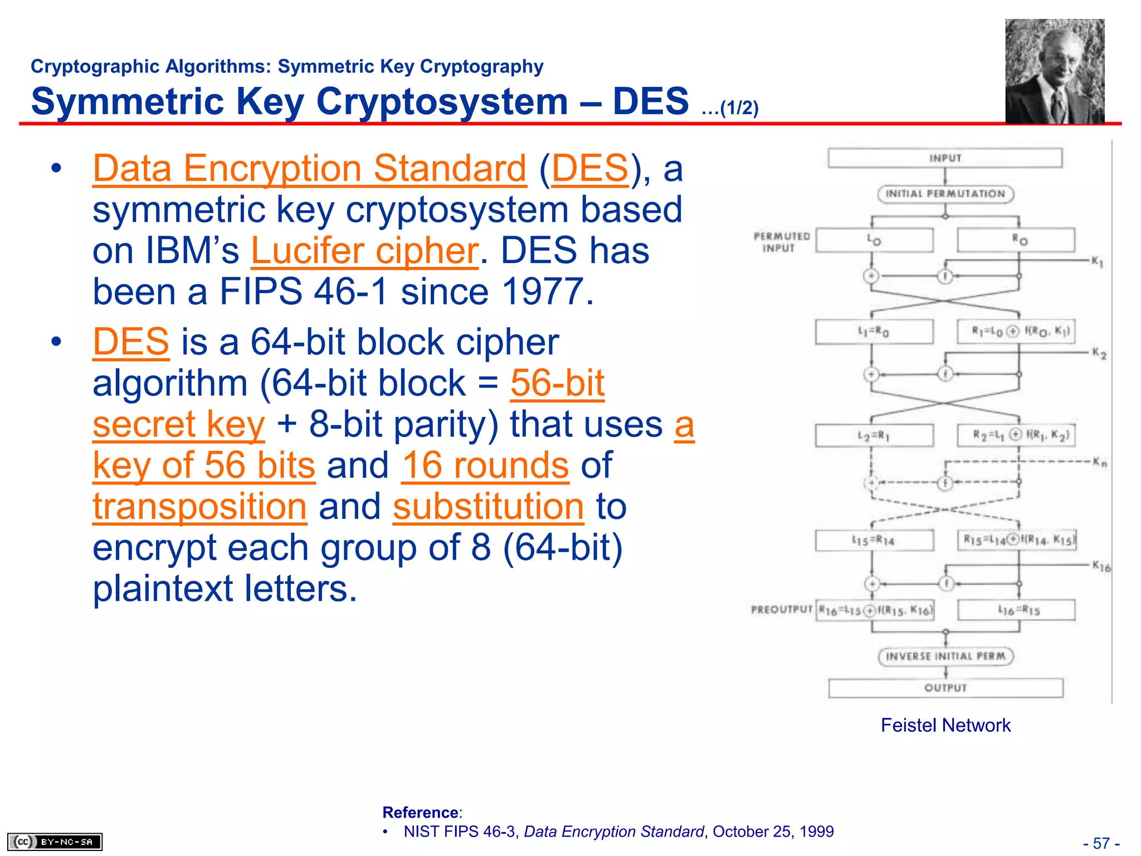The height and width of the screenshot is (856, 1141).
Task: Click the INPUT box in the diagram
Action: coord(945,158)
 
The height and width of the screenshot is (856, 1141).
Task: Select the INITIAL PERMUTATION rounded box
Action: coord(945,194)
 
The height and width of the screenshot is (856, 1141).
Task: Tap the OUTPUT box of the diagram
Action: coord(945,688)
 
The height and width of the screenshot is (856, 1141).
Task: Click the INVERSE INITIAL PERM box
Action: coord(945,656)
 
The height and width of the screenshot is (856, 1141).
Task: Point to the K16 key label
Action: coord(1100,567)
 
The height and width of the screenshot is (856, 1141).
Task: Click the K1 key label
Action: coord(1096,261)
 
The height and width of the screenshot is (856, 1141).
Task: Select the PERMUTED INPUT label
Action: coord(781,242)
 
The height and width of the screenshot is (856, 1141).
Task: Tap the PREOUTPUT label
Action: coord(781,609)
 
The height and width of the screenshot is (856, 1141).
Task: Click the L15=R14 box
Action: coord(874,540)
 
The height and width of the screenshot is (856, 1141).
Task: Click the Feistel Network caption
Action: coord(945,725)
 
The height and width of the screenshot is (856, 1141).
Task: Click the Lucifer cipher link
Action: coord(364,251)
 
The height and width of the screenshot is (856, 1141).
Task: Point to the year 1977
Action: coord(542,291)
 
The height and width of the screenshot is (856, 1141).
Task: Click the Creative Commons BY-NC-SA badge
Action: coord(55,842)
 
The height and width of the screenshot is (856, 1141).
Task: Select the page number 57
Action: coord(1101,843)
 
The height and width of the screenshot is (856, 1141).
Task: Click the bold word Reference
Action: coord(420,813)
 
